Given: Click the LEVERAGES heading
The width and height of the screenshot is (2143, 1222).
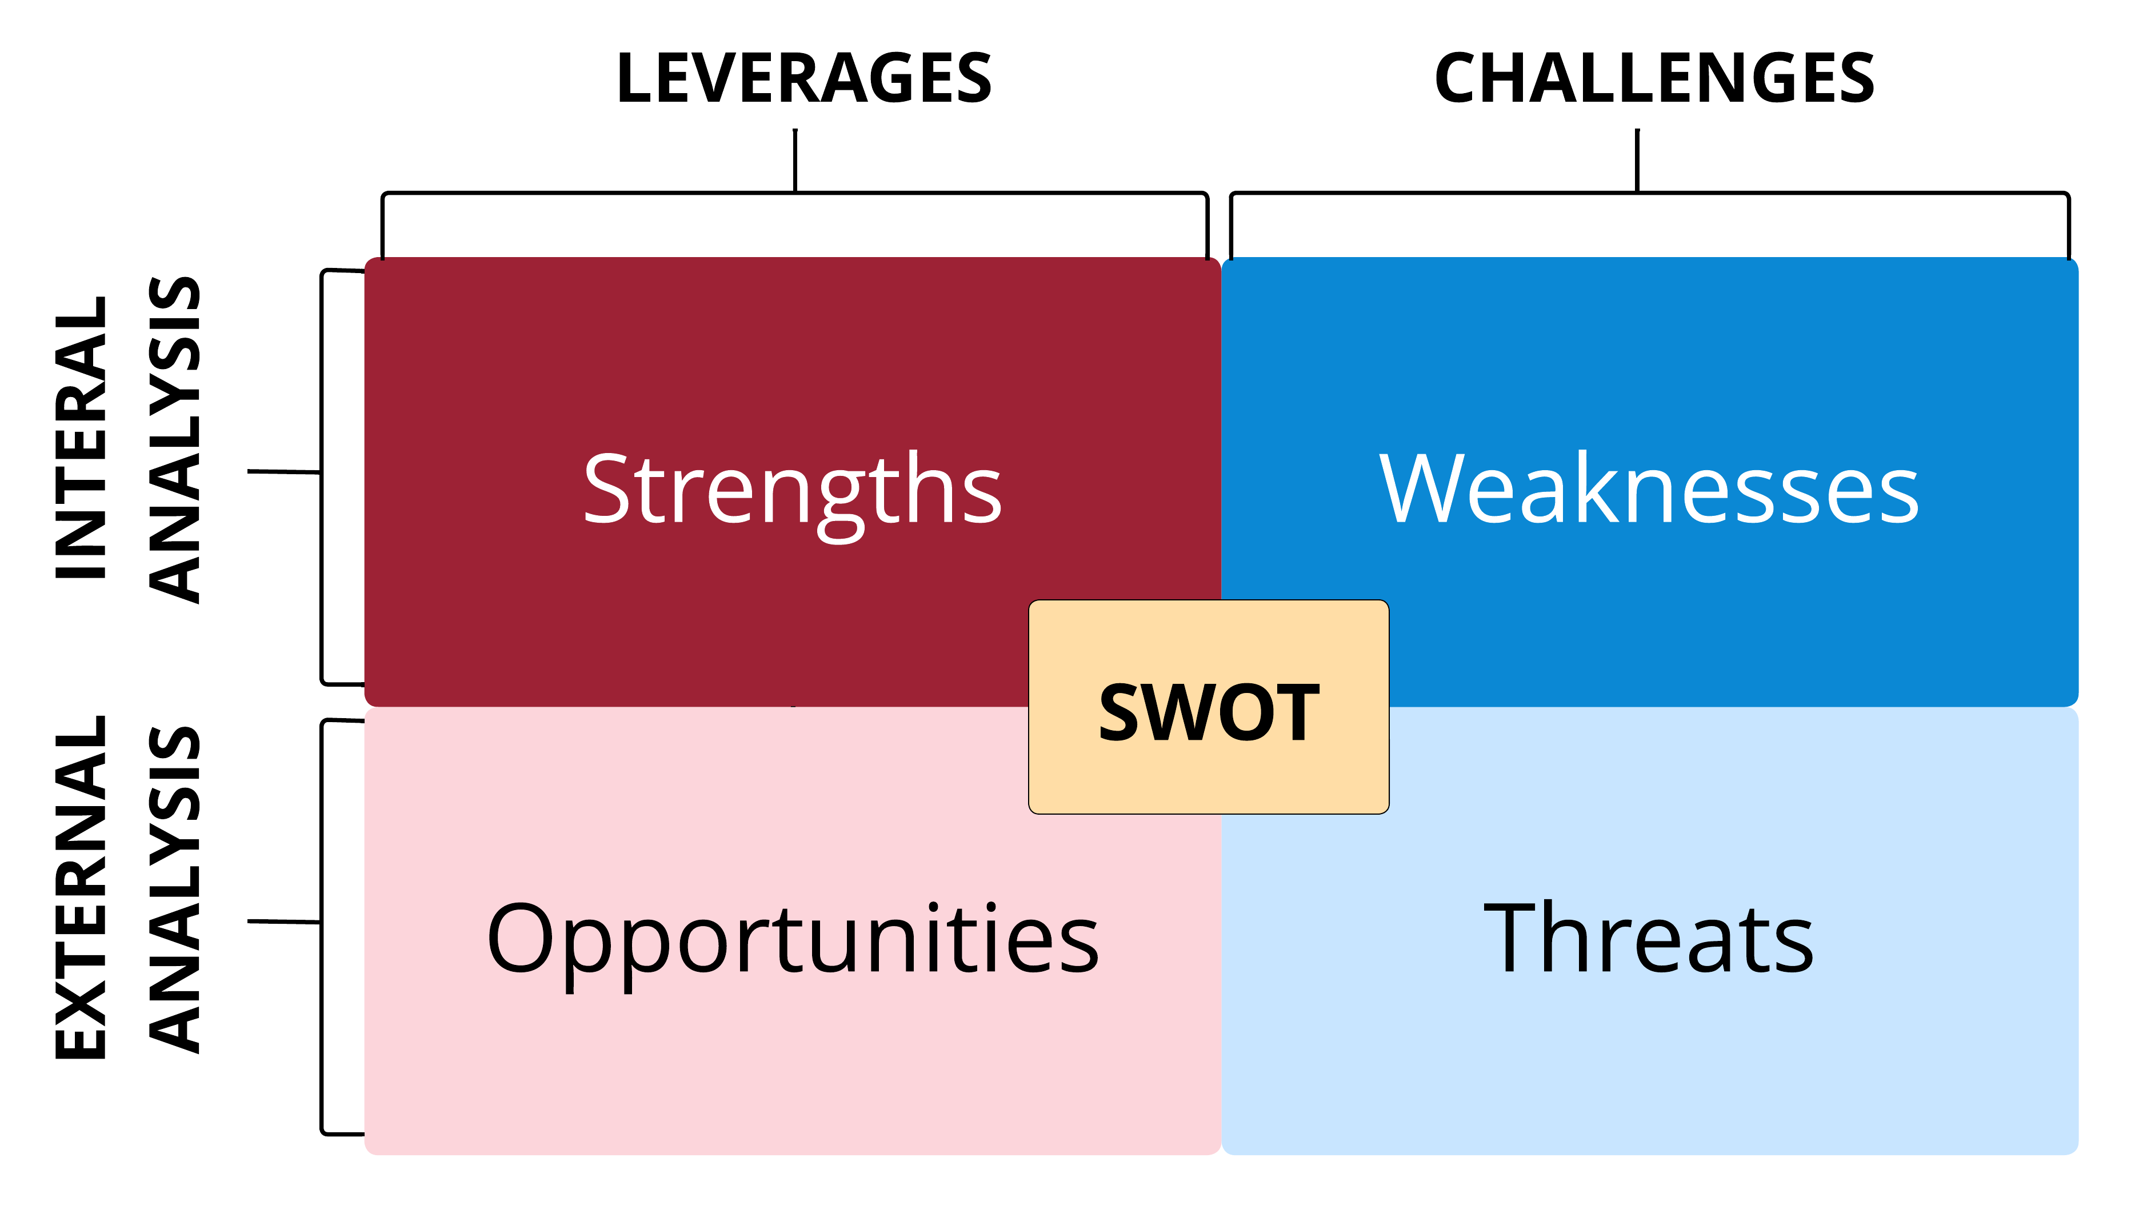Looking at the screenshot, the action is click(803, 78).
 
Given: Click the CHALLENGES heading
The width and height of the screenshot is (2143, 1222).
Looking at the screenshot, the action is click(1654, 78).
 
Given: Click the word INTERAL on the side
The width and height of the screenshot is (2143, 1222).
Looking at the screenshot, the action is click(81, 437).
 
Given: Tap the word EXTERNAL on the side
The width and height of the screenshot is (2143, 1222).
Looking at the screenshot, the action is click(81, 887).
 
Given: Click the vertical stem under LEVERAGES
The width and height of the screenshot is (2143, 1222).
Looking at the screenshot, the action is click(795, 161).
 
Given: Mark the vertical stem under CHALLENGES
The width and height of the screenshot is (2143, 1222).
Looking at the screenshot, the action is click(1637, 161).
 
